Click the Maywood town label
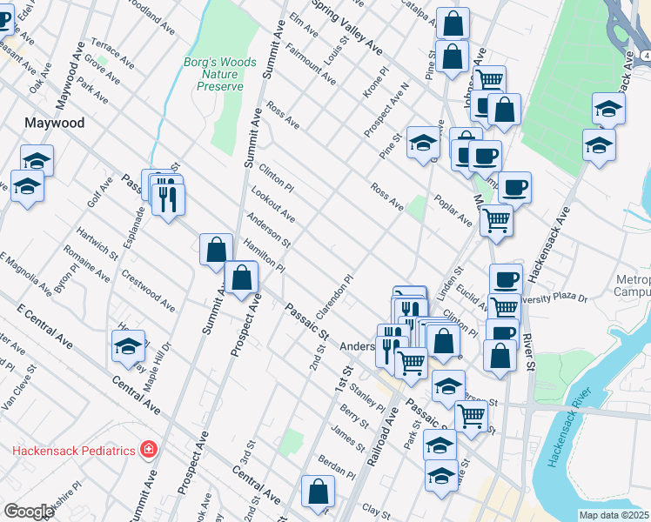tap(56, 124)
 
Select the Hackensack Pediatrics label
tap(74, 450)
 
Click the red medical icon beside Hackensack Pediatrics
tap(149, 450)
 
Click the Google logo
tap(28, 512)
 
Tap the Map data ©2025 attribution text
tap(614, 515)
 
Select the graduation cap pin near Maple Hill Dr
tap(128, 345)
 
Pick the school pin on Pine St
tap(423, 142)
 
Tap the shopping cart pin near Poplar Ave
tap(496, 220)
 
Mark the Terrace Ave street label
tap(112, 54)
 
